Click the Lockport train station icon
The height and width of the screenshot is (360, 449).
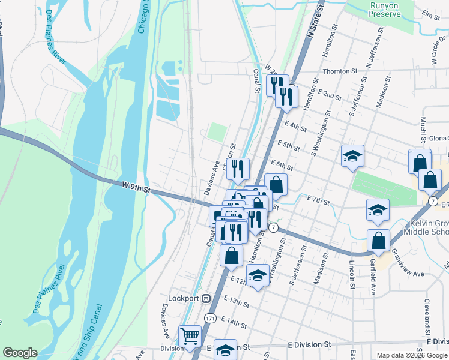(206, 298)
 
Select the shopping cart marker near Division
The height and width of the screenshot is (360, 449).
(190, 337)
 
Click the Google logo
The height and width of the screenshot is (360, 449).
(20, 353)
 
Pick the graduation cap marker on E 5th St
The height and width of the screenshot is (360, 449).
(352, 156)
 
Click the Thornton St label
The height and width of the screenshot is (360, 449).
(340, 71)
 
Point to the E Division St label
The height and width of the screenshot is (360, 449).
(309, 345)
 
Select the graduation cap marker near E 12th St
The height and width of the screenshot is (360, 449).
(258, 275)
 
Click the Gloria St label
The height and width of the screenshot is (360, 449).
(439, 138)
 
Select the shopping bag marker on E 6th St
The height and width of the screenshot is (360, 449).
(276, 185)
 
